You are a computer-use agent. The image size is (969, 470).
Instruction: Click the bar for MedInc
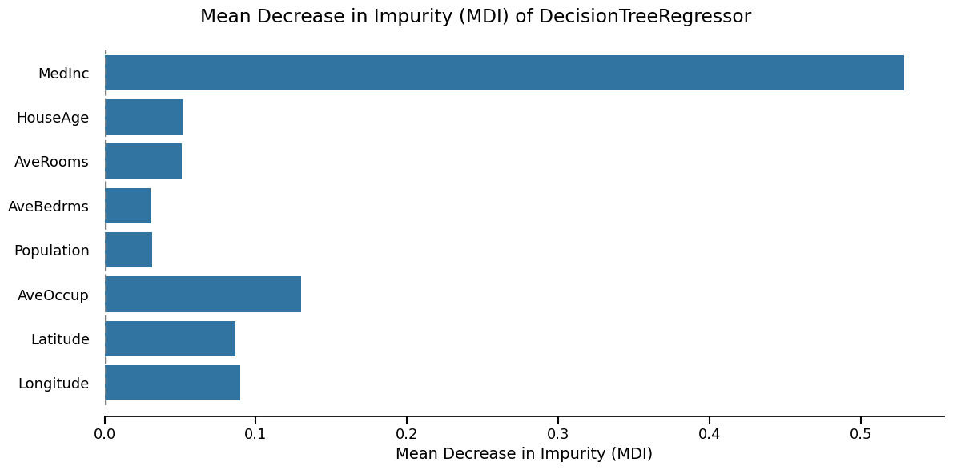pos(504,73)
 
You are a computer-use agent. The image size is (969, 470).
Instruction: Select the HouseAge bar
pos(144,117)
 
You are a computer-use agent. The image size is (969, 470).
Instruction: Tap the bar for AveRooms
pos(143,161)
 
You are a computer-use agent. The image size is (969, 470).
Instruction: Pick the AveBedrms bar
pos(127,206)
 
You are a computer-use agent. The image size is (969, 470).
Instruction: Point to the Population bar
pos(128,250)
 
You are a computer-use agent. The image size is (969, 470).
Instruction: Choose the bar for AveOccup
pos(203,294)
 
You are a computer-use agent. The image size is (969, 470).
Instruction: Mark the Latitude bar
pos(170,339)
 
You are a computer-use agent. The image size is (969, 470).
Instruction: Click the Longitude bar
pos(172,383)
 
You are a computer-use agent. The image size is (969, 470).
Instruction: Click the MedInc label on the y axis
pos(63,74)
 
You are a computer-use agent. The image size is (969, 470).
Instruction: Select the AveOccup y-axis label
pos(53,295)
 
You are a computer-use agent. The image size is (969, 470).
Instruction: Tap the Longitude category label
pos(53,384)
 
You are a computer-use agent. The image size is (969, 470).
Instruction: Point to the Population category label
pos(51,251)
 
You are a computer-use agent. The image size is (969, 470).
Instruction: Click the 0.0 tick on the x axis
pos(104,434)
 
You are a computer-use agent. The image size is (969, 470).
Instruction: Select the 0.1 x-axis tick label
pos(255,434)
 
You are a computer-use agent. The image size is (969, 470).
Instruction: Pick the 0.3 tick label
pos(558,434)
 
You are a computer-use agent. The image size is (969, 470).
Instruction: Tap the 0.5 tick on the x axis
pos(861,434)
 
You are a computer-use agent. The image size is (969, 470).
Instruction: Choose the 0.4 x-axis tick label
pos(710,434)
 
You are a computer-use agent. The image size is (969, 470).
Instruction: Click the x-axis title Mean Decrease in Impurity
pos(524,454)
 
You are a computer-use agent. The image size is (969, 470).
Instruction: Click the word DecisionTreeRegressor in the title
pos(645,17)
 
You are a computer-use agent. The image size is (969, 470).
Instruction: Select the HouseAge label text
pos(52,118)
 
